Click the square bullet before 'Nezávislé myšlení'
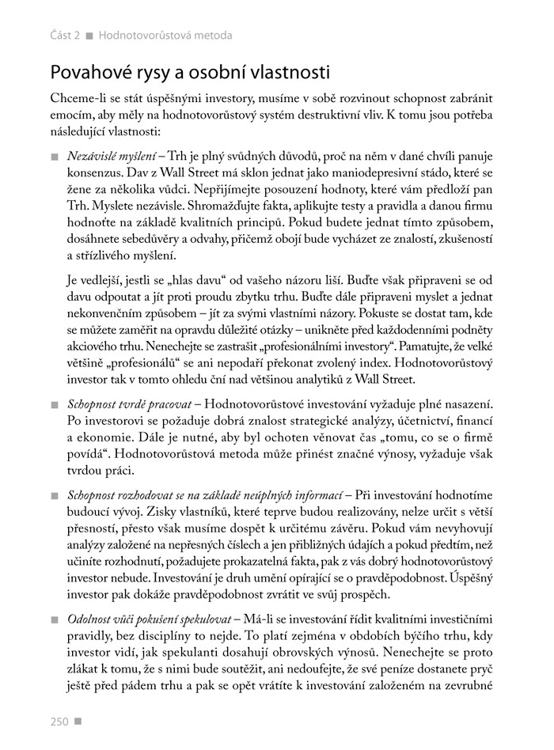coord(54,152)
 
